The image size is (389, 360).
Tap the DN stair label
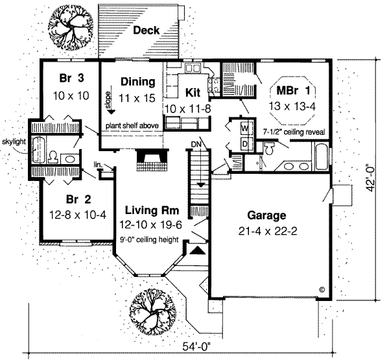(x=197, y=144)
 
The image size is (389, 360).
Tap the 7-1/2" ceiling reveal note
(x=293, y=132)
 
